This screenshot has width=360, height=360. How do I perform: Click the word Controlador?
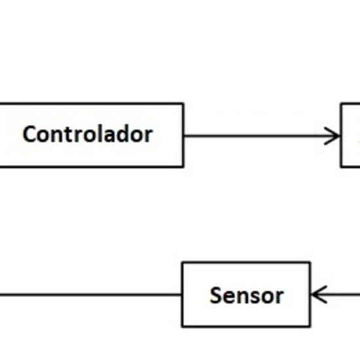click(87, 134)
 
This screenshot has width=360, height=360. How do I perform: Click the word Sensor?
click(246, 295)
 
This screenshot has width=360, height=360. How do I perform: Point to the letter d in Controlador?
click(127, 134)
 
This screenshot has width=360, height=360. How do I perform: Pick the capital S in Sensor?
click(216, 295)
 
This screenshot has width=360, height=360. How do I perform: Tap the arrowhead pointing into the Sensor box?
click(317, 295)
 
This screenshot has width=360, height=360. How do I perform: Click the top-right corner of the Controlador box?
click(183, 103)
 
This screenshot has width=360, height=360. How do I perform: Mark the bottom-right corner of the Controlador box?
click(183, 166)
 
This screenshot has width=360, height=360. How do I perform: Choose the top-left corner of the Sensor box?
click(182, 263)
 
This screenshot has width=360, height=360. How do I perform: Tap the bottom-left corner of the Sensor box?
click(182, 326)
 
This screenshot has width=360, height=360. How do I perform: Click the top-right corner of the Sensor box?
click(310, 263)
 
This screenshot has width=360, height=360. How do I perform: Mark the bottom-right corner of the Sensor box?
click(310, 326)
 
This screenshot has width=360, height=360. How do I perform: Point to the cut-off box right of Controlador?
click(351, 135)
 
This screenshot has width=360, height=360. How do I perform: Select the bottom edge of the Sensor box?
click(245, 326)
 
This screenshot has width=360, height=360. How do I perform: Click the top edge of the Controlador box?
click(91, 103)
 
